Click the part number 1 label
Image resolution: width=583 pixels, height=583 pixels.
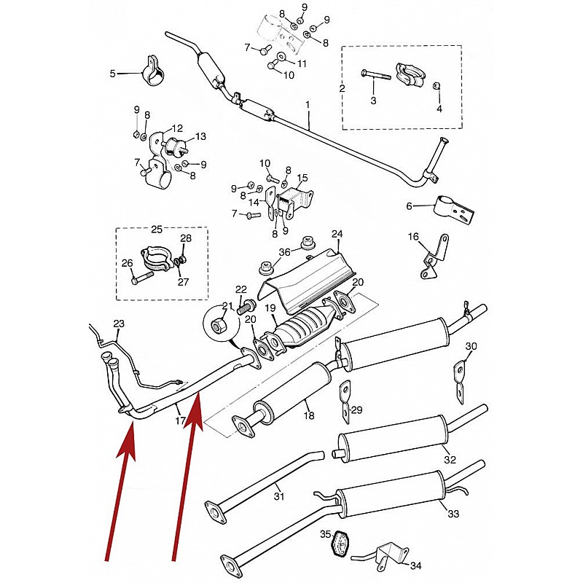[308, 105]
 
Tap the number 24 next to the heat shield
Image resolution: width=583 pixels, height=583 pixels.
[337, 234]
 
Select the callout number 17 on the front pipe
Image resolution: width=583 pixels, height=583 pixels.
[180, 421]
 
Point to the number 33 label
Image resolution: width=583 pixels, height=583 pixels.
[453, 514]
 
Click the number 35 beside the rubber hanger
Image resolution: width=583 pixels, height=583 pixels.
[325, 534]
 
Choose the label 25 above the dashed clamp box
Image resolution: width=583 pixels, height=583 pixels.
[157, 229]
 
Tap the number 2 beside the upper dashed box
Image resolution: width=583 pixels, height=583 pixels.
[342, 88]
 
